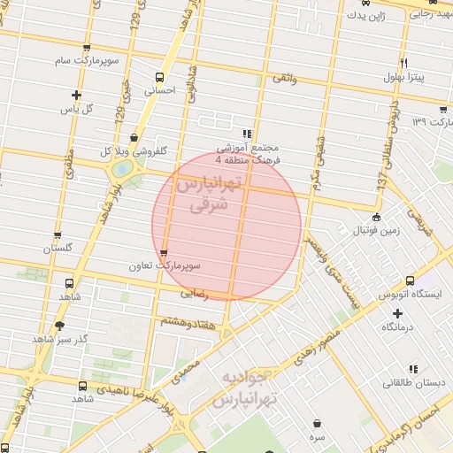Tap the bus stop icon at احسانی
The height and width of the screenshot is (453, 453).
pyautogui.click(x=159, y=76)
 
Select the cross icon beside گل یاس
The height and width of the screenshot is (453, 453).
pyautogui.click(x=77, y=95)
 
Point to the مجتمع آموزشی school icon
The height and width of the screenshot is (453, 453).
pyautogui.click(x=246, y=134)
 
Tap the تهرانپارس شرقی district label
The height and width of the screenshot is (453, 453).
pyautogui.click(x=209, y=194)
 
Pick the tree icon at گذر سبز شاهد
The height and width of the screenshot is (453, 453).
pyautogui.click(x=59, y=326)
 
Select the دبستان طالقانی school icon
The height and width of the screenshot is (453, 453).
pyautogui.click(x=412, y=369)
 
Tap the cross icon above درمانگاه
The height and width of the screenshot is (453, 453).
pyautogui.click(x=397, y=313)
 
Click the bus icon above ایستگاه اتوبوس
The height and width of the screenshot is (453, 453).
pyautogui.click(x=409, y=280)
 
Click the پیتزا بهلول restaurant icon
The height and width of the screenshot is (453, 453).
pyautogui.click(x=403, y=64)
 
